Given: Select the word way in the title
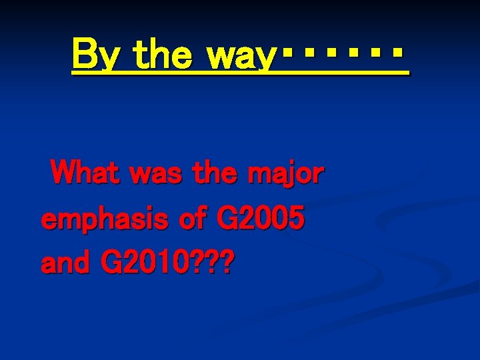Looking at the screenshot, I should (241, 55).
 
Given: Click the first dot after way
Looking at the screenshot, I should (286, 51).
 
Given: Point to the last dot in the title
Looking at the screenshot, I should (397, 51).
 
